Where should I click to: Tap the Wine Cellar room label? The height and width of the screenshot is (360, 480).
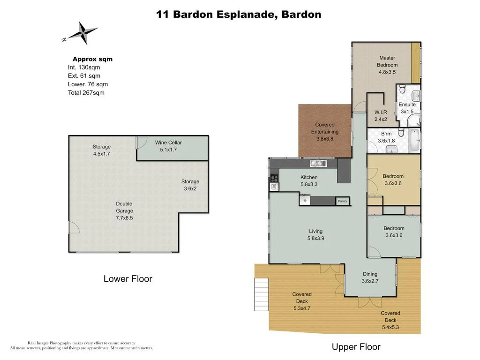168,146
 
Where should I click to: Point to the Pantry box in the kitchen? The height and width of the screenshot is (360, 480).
342,201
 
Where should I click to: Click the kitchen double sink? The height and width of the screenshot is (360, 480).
318,164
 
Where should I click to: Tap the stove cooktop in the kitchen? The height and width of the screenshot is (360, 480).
274,178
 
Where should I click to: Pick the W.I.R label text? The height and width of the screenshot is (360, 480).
380,116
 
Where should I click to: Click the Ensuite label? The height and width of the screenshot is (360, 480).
407,108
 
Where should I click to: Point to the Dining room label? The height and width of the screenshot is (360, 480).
370,278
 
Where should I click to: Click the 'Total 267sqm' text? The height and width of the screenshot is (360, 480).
86,93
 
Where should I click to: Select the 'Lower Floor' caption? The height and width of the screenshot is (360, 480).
127,279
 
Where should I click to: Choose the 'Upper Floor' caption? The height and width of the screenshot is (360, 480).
356,347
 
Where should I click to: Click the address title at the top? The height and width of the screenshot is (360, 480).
239,15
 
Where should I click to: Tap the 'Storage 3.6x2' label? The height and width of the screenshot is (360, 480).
190,185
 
